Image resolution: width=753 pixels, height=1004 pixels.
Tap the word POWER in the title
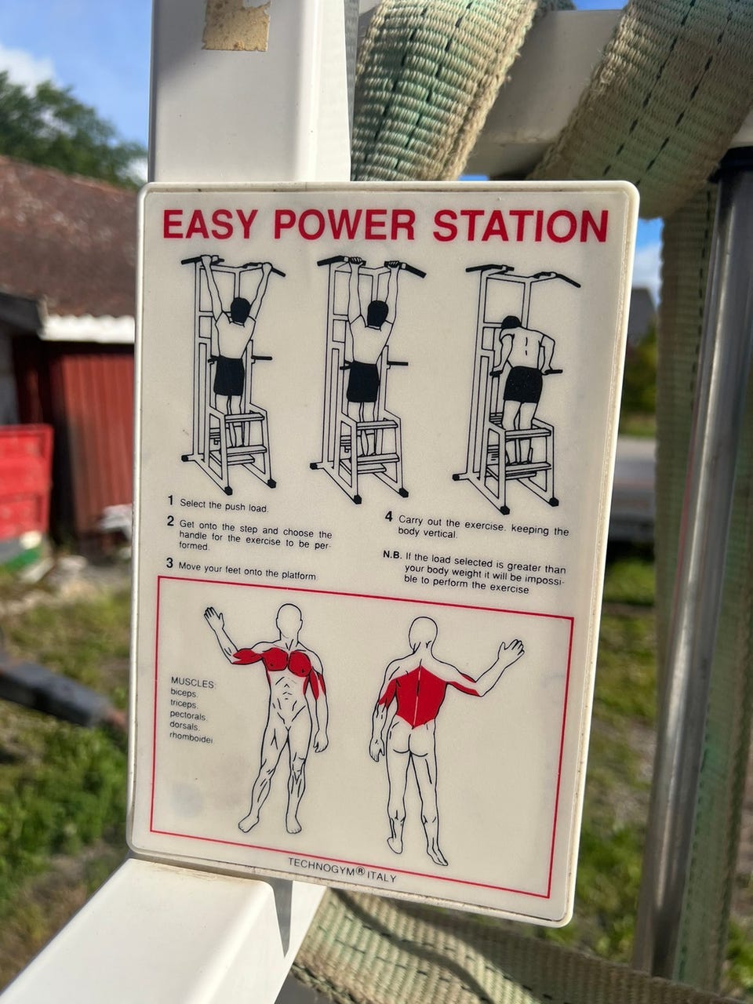(344, 225)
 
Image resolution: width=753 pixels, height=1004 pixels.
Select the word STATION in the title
(521, 226)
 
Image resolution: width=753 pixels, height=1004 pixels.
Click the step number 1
(170, 500)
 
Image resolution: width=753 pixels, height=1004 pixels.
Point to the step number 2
(170, 521)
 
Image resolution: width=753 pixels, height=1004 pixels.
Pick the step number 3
(169, 563)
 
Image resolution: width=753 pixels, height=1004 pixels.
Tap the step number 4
(388, 517)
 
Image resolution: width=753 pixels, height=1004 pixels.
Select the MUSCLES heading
(192, 683)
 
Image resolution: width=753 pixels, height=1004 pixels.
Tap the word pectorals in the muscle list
(188, 715)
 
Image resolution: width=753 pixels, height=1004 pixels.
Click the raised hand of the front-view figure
(213, 618)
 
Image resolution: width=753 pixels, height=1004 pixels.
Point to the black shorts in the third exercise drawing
(522, 384)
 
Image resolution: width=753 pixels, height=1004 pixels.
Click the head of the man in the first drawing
(240, 310)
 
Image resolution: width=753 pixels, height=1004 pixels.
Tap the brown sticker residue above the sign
(236, 25)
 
